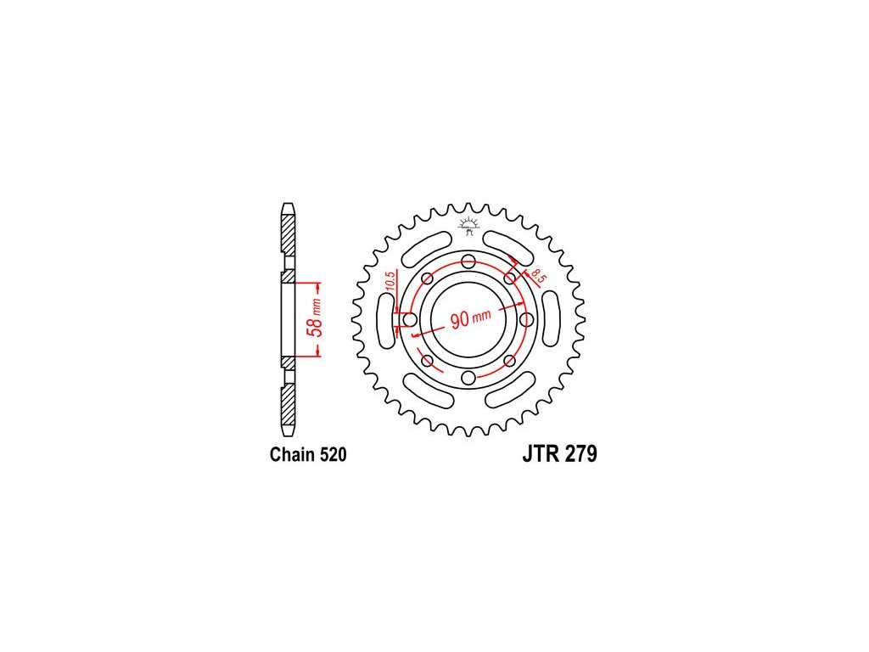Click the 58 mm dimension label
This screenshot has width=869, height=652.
click(314, 319)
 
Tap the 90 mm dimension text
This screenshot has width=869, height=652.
click(470, 318)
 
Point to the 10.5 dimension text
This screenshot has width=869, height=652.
click(390, 282)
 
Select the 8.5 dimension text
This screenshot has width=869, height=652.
click(537, 276)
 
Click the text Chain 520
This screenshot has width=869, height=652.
click(308, 455)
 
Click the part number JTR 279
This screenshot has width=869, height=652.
click(559, 454)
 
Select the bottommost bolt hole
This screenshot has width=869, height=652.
click(468, 378)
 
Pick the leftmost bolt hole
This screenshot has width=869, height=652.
click(410, 320)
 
